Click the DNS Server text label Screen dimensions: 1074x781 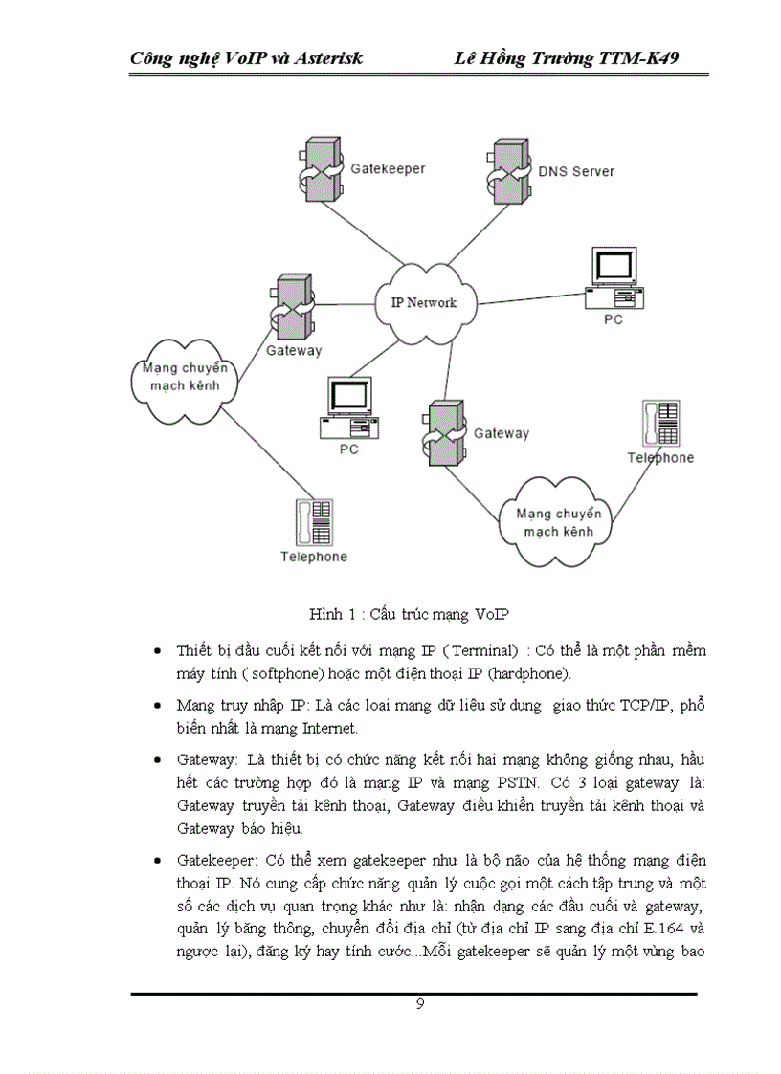pos(575,171)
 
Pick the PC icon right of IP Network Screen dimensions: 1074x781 pos(614,276)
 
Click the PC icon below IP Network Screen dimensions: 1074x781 pos(349,409)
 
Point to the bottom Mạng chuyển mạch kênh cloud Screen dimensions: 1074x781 pos(554,521)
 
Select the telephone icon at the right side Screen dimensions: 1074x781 pos(661,423)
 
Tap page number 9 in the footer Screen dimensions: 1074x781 pos(420,1003)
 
